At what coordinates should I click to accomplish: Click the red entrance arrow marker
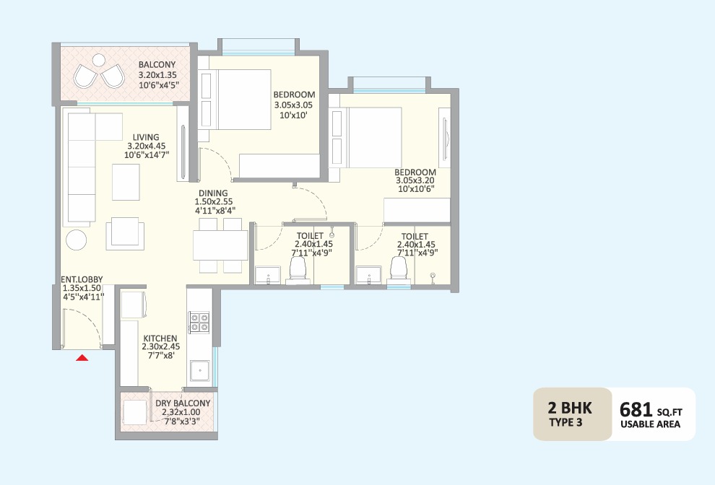click(82, 357)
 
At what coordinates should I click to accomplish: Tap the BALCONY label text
click(157, 64)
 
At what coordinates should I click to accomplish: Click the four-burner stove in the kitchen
click(199, 322)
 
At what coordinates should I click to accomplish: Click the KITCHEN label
click(160, 338)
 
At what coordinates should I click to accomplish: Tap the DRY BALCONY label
click(183, 403)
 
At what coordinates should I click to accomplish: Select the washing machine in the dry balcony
click(134, 414)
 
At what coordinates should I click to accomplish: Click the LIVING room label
click(146, 137)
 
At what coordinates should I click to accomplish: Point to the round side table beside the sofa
click(76, 240)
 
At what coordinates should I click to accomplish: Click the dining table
click(221, 245)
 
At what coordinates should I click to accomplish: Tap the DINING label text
click(214, 193)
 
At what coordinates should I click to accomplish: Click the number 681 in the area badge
click(636, 409)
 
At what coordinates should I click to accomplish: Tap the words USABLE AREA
click(650, 425)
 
